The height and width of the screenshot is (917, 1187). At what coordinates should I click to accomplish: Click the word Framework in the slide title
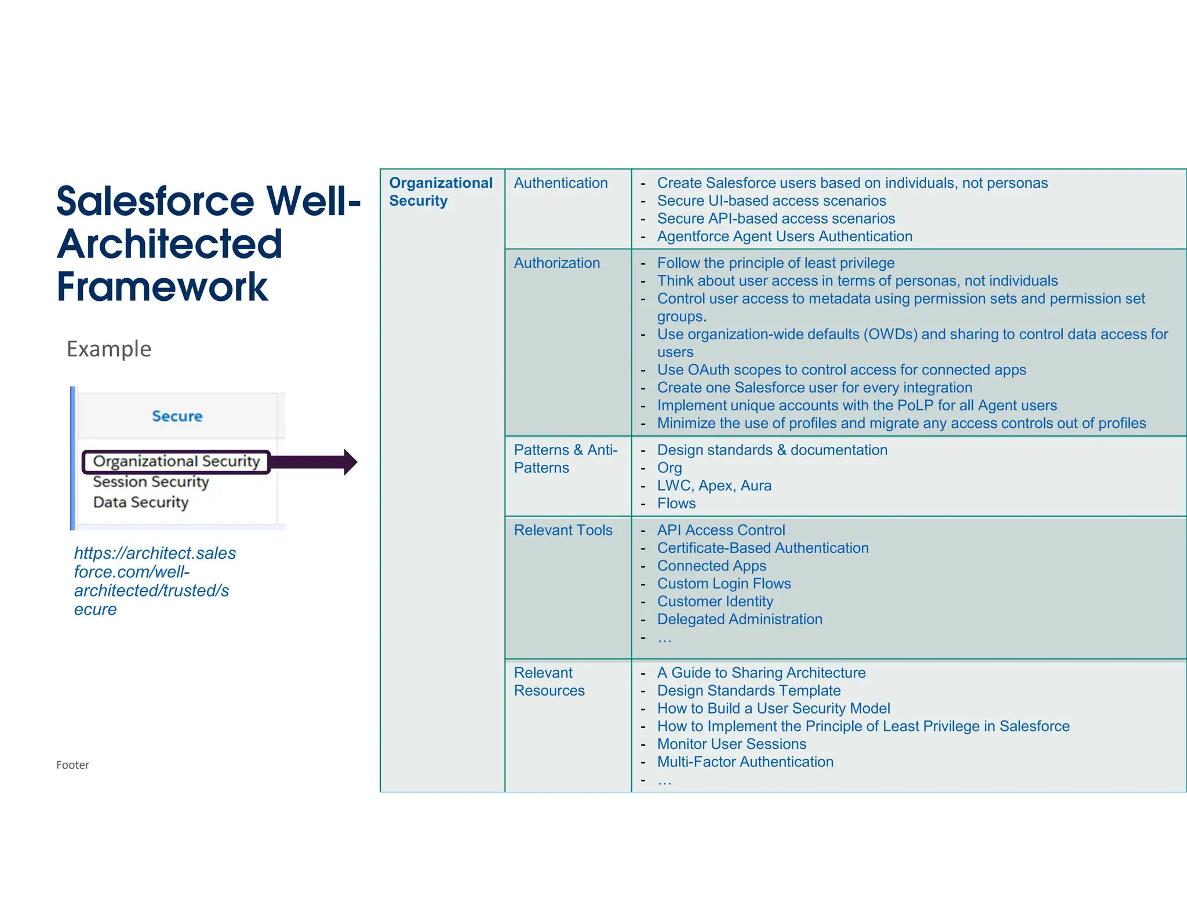[x=162, y=287]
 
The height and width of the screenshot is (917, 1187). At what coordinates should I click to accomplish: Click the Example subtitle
[x=109, y=349]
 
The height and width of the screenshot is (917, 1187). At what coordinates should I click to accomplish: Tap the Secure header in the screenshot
[x=177, y=416]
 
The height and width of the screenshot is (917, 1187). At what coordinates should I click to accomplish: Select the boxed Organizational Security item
[x=176, y=461]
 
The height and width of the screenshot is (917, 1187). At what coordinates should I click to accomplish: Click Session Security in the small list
[x=151, y=482]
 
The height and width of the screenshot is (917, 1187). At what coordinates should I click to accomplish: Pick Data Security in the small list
[x=141, y=502]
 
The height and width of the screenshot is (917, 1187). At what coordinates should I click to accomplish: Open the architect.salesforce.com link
[x=154, y=581]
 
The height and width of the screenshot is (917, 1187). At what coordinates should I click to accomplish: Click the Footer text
[x=72, y=765]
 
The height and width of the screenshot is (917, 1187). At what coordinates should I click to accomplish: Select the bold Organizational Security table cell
[x=440, y=192]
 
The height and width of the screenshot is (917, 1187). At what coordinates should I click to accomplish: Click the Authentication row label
[x=560, y=183]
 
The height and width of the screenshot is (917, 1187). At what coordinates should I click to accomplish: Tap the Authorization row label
[x=556, y=263]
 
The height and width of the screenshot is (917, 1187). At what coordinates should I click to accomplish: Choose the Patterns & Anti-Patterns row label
[x=566, y=459]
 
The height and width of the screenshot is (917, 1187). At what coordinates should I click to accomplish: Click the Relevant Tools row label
[x=563, y=530]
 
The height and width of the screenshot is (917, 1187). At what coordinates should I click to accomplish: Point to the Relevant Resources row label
[x=549, y=682]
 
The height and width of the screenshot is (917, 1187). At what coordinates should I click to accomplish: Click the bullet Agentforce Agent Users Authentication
[x=784, y=236]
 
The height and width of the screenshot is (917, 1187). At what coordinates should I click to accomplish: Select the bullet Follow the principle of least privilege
[x=775, y=263]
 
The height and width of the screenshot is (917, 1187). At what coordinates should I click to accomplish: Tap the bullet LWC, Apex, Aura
[x=714, y=486]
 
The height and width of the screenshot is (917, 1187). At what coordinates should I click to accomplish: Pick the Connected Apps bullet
[x=711, y=566]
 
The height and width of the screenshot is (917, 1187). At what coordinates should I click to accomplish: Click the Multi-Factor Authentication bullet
[x=745, y=762]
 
